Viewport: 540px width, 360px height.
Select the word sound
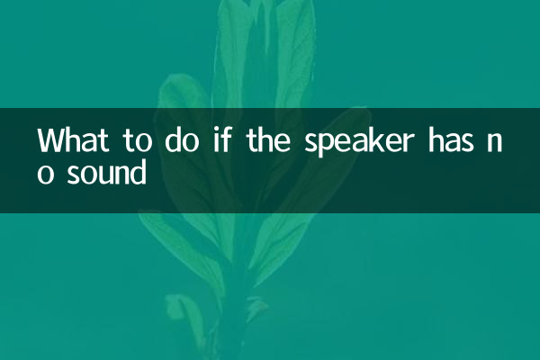point(106,171)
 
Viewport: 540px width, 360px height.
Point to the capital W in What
point(49,141)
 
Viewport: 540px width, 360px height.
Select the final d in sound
point(137,170)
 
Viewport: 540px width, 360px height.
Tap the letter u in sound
point(103,174)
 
